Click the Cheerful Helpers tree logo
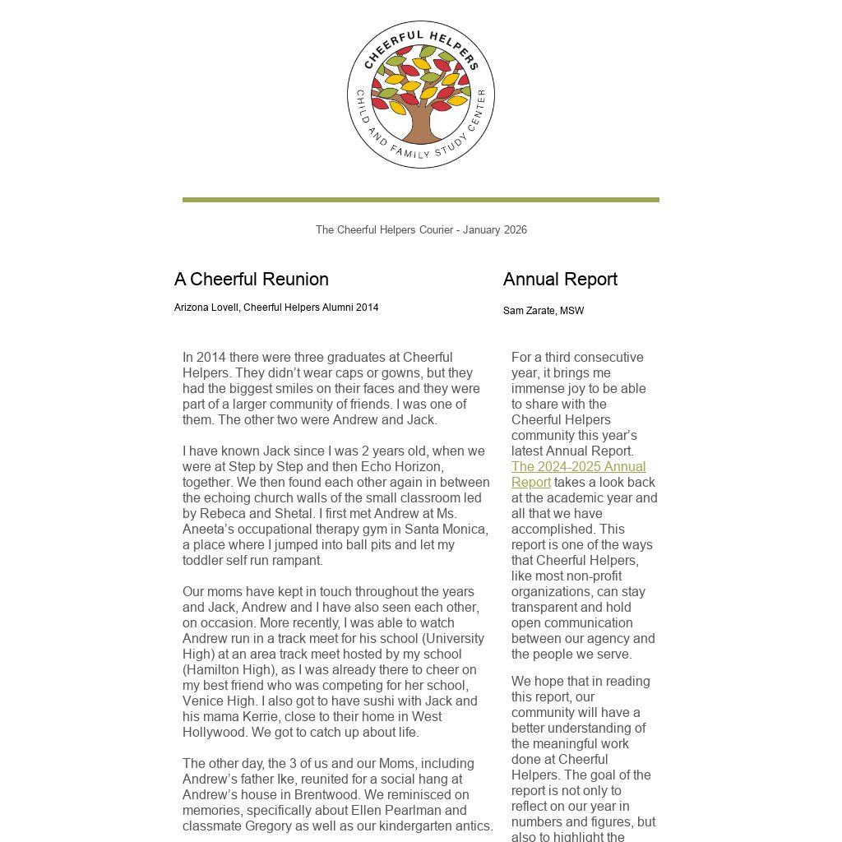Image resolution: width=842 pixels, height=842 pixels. point(420,95)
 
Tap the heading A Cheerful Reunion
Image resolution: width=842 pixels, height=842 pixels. point(251,280)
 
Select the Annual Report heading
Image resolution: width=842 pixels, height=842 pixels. point(560,280)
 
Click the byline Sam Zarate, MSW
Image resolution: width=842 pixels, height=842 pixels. point(544,311)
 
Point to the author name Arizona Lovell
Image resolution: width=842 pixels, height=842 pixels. point(206,308)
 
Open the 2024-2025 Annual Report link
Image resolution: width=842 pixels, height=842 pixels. point(578,474)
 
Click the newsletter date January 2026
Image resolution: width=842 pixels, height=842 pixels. point(494,230)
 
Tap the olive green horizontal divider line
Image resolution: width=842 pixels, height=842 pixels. point(420,200)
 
